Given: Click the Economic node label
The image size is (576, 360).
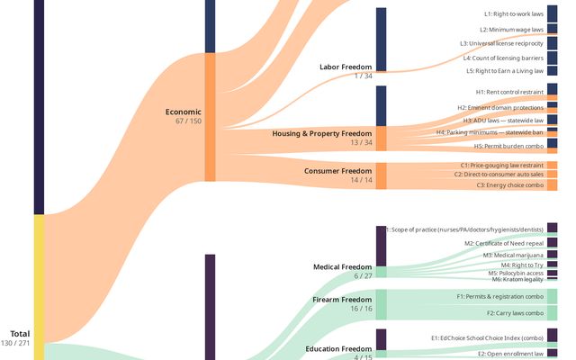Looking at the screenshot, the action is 183,112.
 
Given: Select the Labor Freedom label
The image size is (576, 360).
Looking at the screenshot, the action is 346,67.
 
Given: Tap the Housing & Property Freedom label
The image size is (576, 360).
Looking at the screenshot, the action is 322,133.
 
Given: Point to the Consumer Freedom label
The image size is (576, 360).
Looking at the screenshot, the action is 338,171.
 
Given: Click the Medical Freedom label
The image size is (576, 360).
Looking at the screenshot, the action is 342,266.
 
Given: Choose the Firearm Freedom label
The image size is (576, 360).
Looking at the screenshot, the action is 342,300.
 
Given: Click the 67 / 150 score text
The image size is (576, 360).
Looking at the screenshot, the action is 188,121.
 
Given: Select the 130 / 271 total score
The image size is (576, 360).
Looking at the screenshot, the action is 15,343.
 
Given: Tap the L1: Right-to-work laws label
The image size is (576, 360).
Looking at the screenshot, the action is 514,14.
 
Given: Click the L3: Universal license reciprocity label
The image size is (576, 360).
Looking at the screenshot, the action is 501,43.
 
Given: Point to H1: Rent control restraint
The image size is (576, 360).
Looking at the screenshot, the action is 509,92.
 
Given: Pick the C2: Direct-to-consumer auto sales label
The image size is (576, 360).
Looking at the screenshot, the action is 499,174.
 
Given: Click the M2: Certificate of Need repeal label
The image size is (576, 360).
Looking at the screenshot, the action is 504,244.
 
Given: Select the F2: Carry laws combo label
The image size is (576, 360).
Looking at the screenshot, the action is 515,313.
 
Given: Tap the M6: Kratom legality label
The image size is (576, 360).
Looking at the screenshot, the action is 517,280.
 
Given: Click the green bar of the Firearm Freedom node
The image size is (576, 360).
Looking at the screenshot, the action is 381,304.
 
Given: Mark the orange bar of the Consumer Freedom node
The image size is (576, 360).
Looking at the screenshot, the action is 381,176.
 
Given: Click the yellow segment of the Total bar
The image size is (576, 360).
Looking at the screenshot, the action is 39,287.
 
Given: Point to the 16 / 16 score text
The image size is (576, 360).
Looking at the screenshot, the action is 361,309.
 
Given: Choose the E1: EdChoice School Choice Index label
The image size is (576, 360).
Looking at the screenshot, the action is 487,338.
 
